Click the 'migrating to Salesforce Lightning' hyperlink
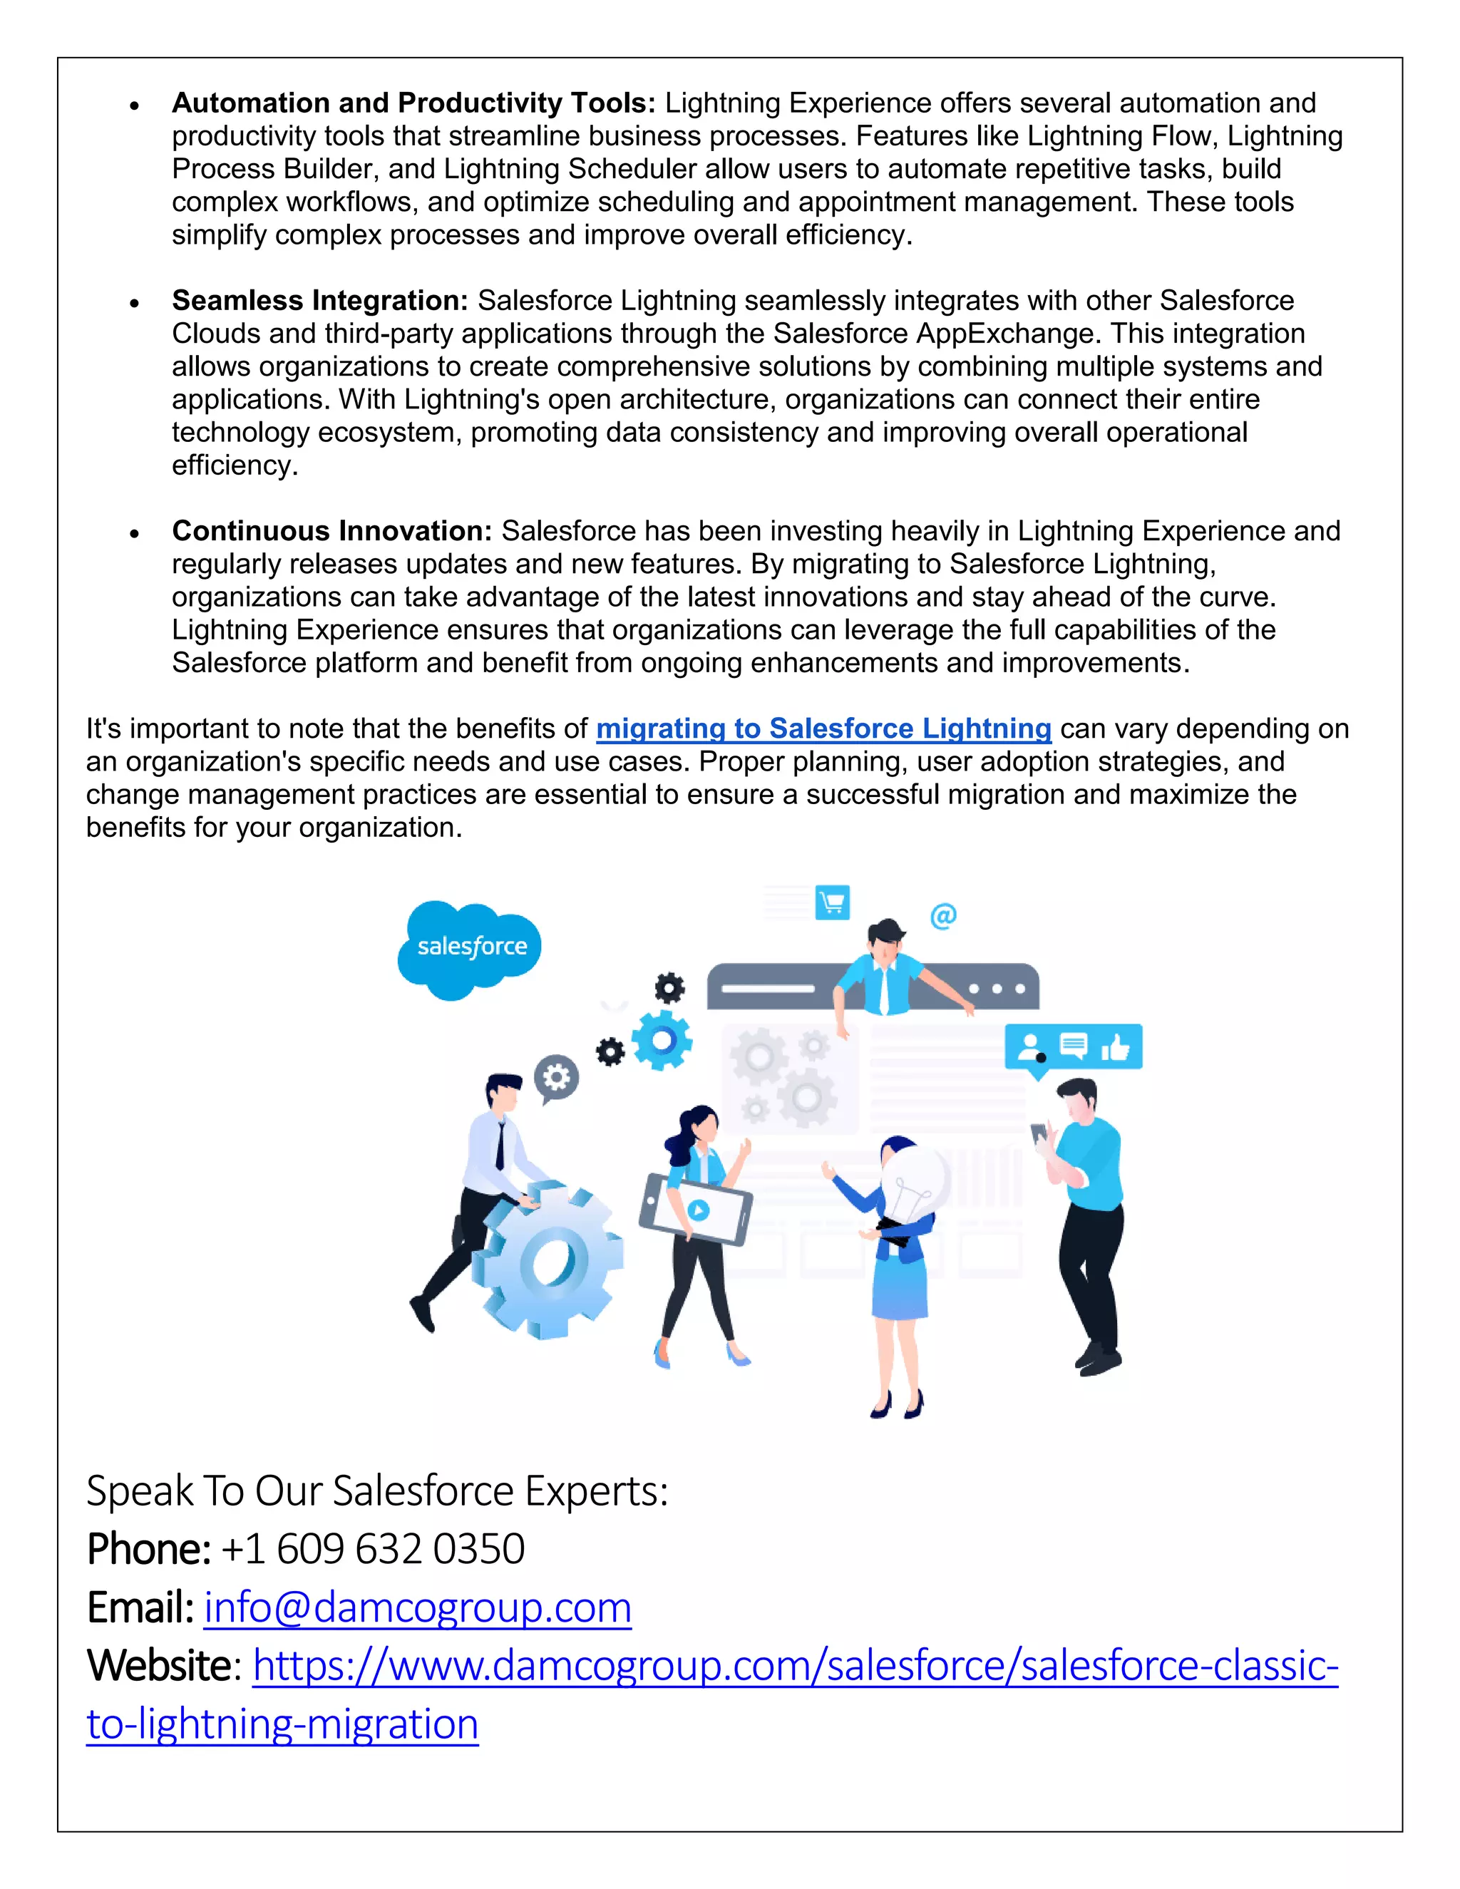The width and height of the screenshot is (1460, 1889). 823,729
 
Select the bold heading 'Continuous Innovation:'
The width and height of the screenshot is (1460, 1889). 331,530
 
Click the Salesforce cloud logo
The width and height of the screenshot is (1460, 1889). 471,948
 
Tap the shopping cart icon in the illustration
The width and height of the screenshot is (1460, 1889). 832,903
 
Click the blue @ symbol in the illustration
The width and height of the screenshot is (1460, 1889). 942,915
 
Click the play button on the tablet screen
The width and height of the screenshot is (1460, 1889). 699,1209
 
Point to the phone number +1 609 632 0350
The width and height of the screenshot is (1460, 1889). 373,1549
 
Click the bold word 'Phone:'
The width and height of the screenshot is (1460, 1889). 149,1549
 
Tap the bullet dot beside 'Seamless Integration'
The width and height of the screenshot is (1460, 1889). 134,303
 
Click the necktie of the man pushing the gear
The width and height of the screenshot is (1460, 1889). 500,1146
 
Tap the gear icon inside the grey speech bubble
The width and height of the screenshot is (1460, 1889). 556,1077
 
